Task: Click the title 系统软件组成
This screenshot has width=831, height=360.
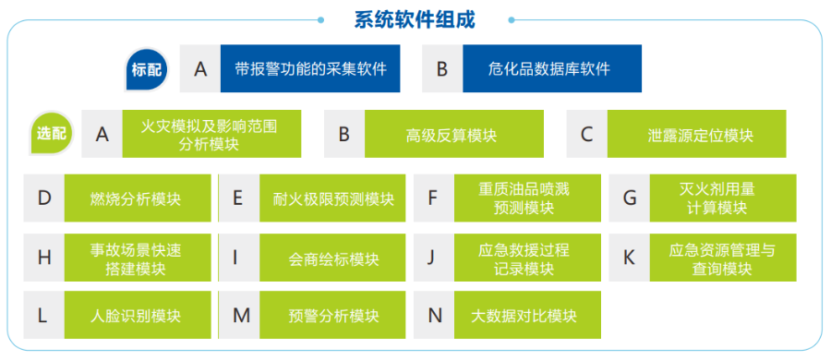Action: click(x=415, y=19)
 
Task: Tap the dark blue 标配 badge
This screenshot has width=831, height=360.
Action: click(x=146, y=69)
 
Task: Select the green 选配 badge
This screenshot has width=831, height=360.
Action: click(x=52, y=133)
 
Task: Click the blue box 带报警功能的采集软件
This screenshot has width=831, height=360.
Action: click(x=309, y=69)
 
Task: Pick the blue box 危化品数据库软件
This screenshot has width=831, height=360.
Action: click(x=548, y=69)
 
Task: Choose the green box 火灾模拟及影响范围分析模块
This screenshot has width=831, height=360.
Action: click(x=209, y=134)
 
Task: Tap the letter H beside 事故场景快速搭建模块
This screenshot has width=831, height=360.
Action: click(x=43, y=258)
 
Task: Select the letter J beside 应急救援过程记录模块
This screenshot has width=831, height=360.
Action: click(x=431, y=258)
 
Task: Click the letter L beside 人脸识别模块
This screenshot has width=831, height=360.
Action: click(x=42, y=316)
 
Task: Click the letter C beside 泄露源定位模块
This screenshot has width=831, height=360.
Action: click(x=586, y=135)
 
